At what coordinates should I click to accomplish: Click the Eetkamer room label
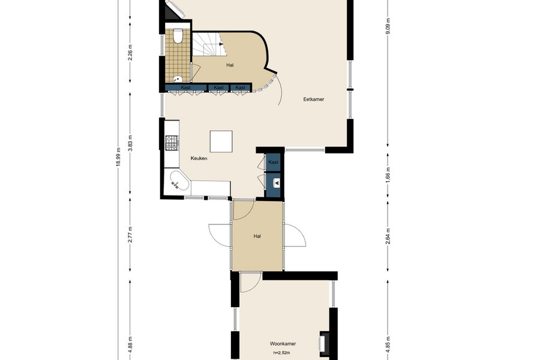tap(313, 99)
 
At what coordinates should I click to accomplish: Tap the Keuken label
tap(199, 158)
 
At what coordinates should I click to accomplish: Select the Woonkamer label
tap(283, 343)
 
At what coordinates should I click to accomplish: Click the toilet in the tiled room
tap(178, 37)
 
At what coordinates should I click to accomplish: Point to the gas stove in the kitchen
tap(172, 143)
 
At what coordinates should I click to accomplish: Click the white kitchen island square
tap(221, 141)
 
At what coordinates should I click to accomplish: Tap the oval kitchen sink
tap(179, 180)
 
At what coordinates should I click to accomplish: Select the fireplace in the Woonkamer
tap(324, 343)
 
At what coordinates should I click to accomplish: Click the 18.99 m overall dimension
tap(118, 157)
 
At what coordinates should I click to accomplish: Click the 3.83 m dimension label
tap(130, 142)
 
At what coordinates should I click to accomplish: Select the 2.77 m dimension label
tap(130, 235)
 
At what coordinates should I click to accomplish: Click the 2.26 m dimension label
tap(130, 52)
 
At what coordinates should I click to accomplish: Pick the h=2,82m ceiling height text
tap(281, 352)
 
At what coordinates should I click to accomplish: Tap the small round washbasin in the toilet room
tap(178, 79)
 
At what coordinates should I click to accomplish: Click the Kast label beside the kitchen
tap(274, 162)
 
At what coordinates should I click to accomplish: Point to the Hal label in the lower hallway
tap(257, 236)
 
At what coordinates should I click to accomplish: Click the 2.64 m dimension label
tap(388, 236)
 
